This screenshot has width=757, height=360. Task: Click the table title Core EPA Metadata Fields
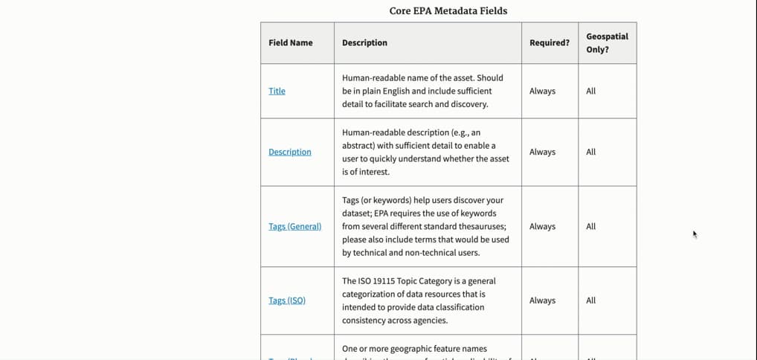(448, 10)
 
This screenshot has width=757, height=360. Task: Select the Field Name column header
(291, 42)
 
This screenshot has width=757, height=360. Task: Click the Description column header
(364, 42)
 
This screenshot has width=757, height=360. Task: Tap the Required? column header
(550, 42)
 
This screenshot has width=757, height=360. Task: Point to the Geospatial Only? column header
(607, 42)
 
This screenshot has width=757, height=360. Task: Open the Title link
(277, 91)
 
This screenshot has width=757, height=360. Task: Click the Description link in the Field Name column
(290, 152)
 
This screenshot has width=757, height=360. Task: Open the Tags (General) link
(295, 226)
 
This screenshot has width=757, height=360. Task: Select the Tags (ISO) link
(287, 300)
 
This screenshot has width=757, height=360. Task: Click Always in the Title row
(542, 91)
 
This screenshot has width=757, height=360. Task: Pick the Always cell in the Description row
(542, 152)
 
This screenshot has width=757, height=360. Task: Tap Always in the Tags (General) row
(542, 226)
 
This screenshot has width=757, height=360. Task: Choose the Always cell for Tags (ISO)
(542, 300)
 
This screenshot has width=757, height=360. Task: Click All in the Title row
(590, 91)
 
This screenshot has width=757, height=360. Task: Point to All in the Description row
(590, 152)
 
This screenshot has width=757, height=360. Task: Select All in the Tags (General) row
(590, 226)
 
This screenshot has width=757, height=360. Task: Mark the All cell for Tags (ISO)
(590, 300)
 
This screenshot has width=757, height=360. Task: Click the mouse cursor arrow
(695, 234)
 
